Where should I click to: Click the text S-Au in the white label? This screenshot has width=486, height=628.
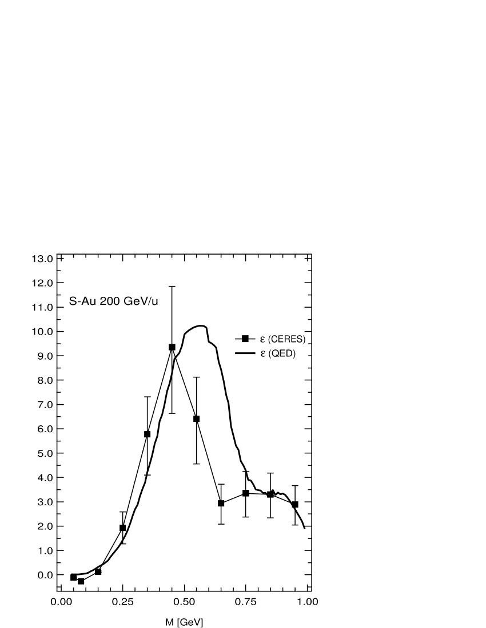pyautogui.click(x=83, y=301)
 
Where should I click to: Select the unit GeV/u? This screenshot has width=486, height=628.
pyautogui.click(x=139, y=301)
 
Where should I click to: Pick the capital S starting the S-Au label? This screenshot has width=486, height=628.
pyautogui.click(x=73, y=301)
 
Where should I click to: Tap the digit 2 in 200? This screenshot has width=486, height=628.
pyautogui.click(x=103, y=301)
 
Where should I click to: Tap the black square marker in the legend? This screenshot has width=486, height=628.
pyautogui.click(x=245, y=339)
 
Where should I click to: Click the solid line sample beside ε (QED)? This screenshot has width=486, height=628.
pyautogui.click(x=245, y=354)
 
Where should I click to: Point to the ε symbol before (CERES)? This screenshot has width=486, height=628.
pyautogui.click(x=262, y=340)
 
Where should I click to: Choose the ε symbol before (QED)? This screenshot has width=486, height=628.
pyautogui.click(x=262, y=355)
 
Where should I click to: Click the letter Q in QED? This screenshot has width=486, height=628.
pyautogui.click(x=274, y=354)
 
